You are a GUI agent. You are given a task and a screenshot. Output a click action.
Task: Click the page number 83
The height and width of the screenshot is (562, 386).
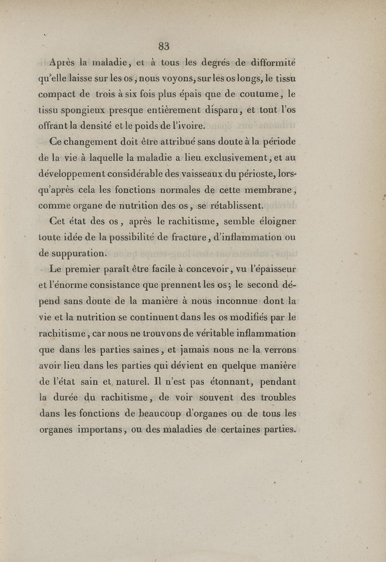click(164, 46)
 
